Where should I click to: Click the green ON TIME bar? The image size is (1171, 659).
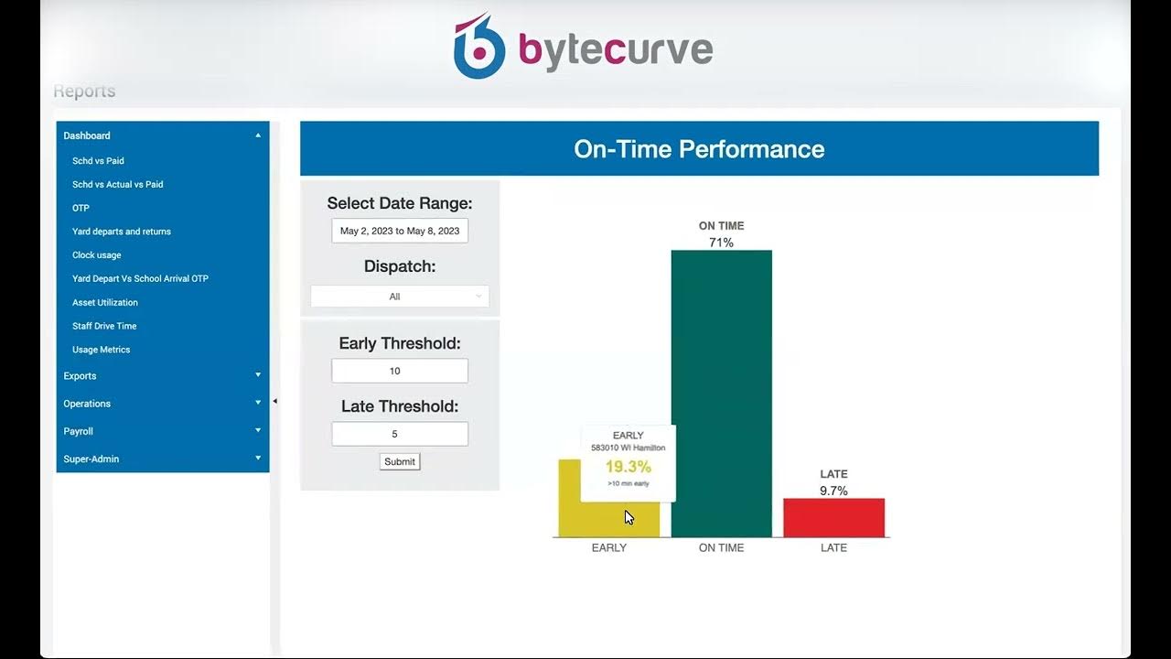tap(721, 394)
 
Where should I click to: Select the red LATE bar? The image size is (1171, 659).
tap(833, 518)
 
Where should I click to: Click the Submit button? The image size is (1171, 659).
tap(400, 461)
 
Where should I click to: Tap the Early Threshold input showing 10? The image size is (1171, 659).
tap(400, 371)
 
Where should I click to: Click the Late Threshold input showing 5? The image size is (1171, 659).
tap(400, 434)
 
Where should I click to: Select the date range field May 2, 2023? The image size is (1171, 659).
tap(400, 231)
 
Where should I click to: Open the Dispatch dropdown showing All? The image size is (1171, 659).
tap(400, 297)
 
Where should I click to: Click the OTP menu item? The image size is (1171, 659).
tap(81, 208)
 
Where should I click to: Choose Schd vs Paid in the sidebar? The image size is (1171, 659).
tap(98, 161)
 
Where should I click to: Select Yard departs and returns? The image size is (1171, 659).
tap(122, 232)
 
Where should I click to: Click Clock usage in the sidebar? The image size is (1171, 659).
tap(96, 255)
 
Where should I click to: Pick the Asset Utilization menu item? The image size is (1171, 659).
tap(105, 302)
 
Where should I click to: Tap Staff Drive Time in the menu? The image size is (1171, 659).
tap(104, 326)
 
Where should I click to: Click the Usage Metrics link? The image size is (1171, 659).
tap(101, 350)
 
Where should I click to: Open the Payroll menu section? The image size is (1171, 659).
tap(79, 431)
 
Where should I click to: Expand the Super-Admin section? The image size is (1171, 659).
tap(91, 459)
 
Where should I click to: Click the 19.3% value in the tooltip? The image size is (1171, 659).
tap(628, 467)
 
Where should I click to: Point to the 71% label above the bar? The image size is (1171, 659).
tap(721, 243)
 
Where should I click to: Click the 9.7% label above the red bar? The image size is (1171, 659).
tap(833, 491)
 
